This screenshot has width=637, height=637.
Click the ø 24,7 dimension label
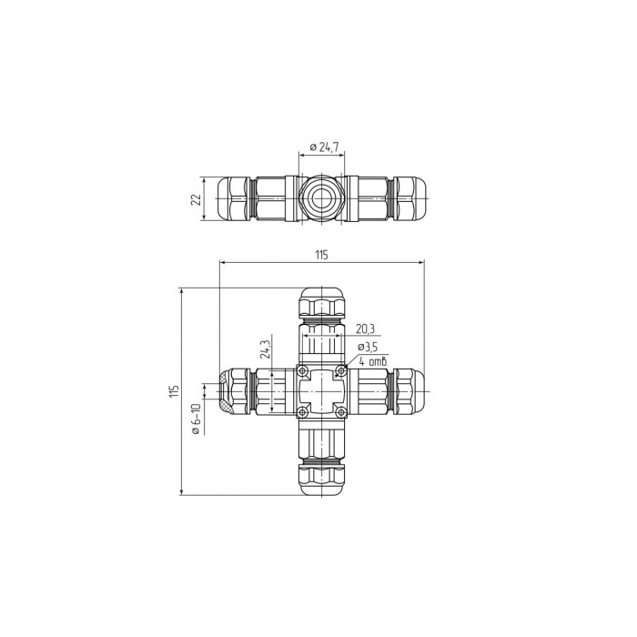[x=324, y=147]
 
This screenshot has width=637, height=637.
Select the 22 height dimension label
[x=197, y=199]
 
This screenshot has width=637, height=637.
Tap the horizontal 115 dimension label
[x=321, y=255]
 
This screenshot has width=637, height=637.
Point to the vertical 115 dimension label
[x=175, y=391]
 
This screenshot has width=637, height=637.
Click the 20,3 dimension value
[x=365, y=329]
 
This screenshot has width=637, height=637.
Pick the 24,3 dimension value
[x=266, y=349]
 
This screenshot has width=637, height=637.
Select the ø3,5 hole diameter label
[x=368, y=347]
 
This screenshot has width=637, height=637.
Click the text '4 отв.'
[x=374, y=361]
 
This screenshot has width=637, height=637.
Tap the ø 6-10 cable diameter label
[x=197, y=420]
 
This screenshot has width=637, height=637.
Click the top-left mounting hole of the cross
[x=302, y=370]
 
